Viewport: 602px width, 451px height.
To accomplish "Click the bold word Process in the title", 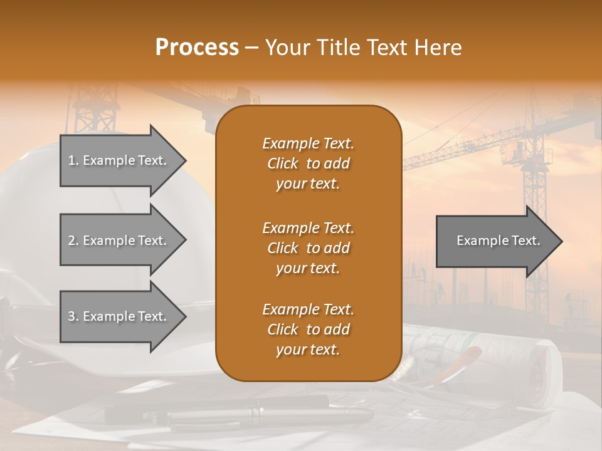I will click(197, 48).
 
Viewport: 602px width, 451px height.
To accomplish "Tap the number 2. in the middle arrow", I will click(73, 241).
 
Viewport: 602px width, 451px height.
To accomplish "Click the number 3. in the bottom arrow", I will click(73, 316).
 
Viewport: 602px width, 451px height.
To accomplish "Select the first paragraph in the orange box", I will click(308, 163).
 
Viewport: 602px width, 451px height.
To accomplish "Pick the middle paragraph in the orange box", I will click(308, 247).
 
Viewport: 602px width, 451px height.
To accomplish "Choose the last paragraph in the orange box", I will click(308, 329).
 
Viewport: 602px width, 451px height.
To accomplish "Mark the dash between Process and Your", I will click(251, 48).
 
